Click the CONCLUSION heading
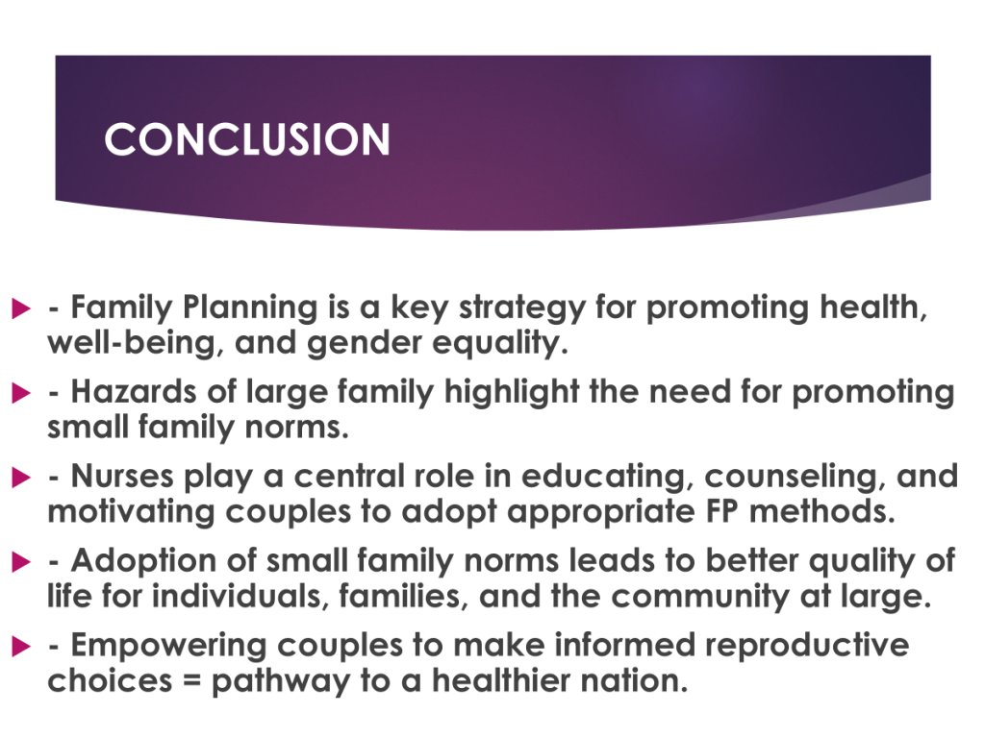[x=247, y=138]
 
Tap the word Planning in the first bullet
[x=250, y=308]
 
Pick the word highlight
[x=512, y=393]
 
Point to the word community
[x=700, y=597]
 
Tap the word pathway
[x=281, y=682]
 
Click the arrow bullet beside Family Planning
[x=21, y=308]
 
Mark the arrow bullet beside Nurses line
[x=21, y=477]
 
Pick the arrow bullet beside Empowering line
[x=21, y=646]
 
